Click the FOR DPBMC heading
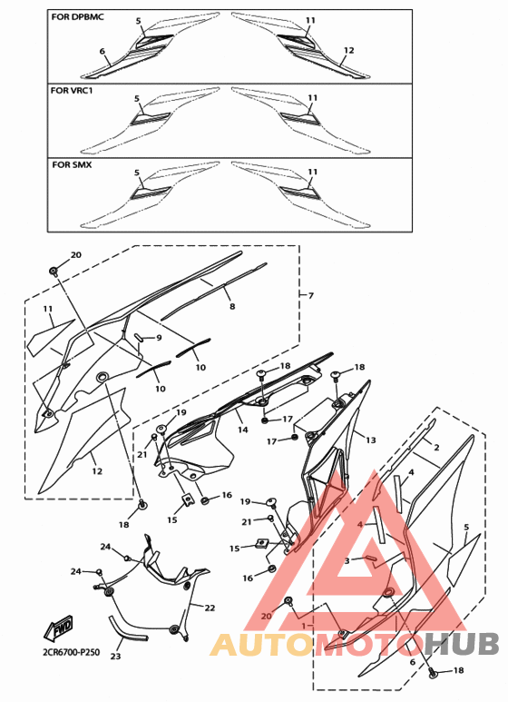[77, 17]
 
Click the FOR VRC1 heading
[71, 91]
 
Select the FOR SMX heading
[72, 164]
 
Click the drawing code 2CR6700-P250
[72, 652]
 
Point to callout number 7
[311, 295]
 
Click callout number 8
[232, 306]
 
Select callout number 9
[159, 338]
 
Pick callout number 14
[242, 430]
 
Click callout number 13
[371, 440]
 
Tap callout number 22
[210, 608]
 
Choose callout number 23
[115, 657]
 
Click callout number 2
[436, 447]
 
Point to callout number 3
[347, 560]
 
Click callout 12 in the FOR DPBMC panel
[349, 50]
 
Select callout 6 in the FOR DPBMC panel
[103, 51]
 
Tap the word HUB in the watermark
[462, 644]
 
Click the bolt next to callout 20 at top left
[54, 271]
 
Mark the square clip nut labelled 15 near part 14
[188, 499]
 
